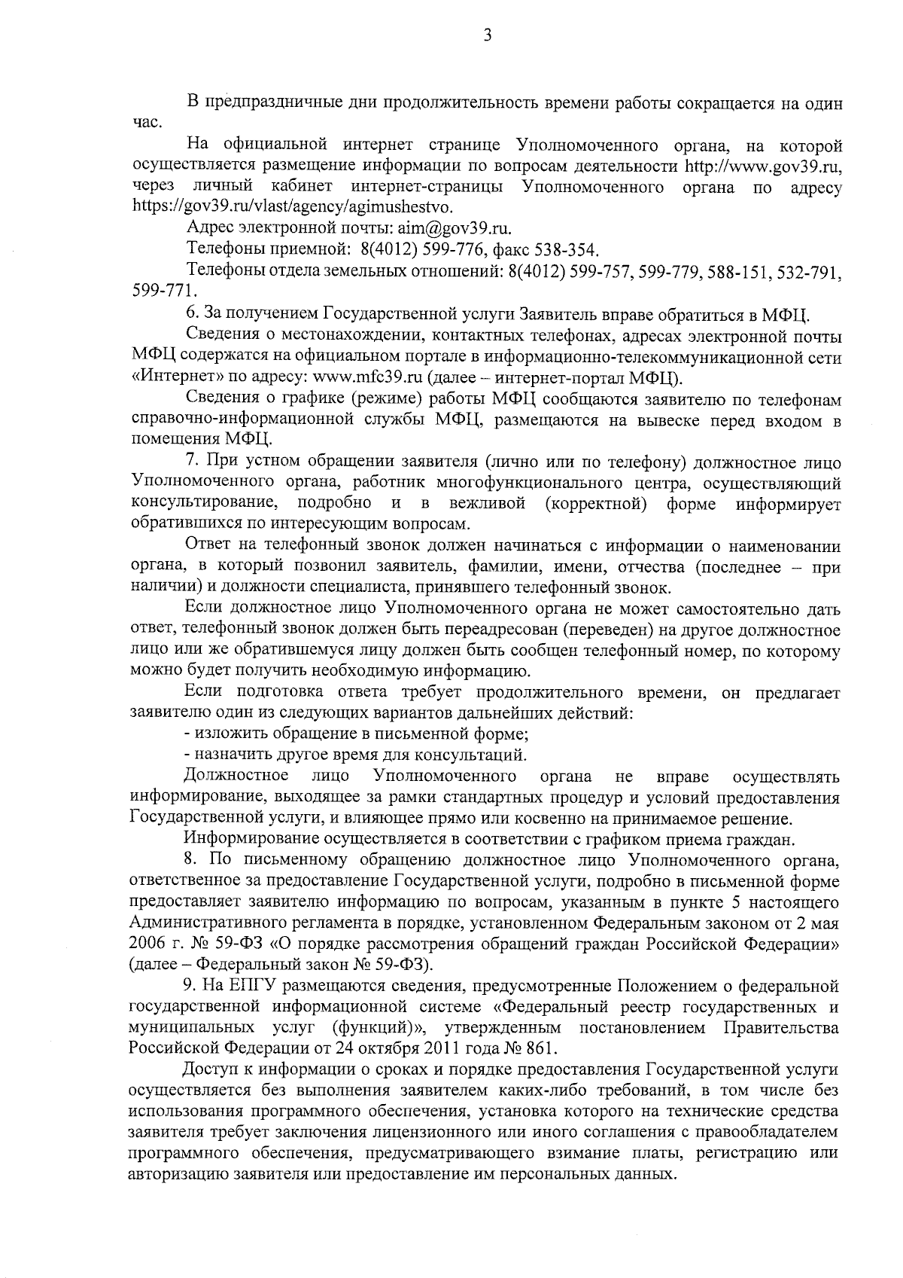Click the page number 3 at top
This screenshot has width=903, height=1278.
(488, 35)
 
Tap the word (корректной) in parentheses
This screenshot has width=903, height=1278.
(597, 503)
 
